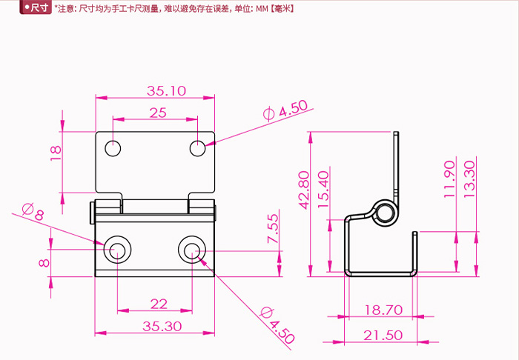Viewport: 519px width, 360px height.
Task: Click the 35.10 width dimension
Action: (x=165, y=91)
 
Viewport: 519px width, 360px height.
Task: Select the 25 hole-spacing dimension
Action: (x=157, y=113)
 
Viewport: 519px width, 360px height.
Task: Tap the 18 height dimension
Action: (x=54, y=153)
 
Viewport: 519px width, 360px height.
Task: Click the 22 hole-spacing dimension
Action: (x=158, y=303)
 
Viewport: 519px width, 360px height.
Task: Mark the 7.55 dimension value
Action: (x=273, y=229)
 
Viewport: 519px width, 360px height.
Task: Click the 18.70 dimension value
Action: (x=383, y=310)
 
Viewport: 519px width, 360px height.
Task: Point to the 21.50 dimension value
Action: (x=383, y=335)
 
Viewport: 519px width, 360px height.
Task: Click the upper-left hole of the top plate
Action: (x=112, y=148)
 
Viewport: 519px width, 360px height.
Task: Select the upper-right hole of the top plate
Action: (x=197, y=148)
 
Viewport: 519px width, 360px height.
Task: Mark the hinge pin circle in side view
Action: (x=384, y=213)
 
